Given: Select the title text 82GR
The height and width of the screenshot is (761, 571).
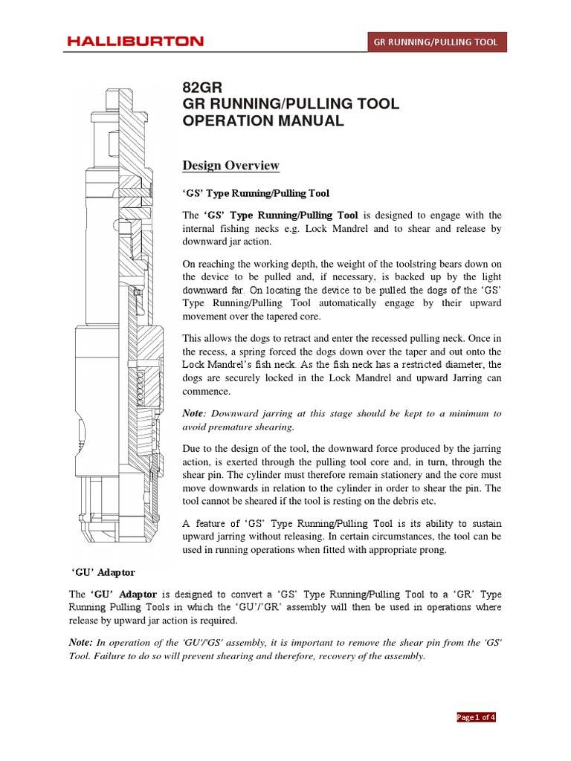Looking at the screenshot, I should coord(202,88).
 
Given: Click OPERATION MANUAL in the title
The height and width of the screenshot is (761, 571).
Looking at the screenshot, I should coord(263,121).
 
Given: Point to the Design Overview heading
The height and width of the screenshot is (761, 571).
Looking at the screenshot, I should coord(230,165).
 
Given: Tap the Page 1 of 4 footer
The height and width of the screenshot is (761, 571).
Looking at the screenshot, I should coord(476,717).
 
